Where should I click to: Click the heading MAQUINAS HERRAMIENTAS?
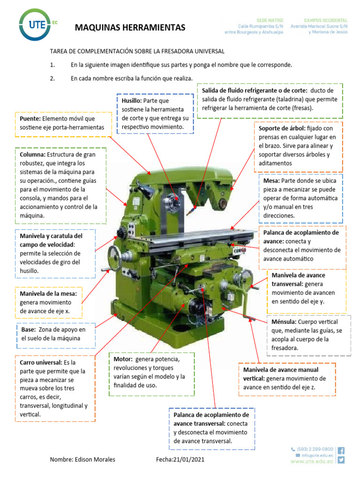130,28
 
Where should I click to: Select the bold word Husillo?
131,101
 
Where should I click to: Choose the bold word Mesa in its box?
271,181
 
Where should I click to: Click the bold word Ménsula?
284,322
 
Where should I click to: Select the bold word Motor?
123,360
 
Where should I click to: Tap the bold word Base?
28,330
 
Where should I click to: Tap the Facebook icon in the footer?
341,450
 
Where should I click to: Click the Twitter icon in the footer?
341,460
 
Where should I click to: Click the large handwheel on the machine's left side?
117,256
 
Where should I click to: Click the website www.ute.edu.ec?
312,461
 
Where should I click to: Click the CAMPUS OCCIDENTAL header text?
326,21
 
